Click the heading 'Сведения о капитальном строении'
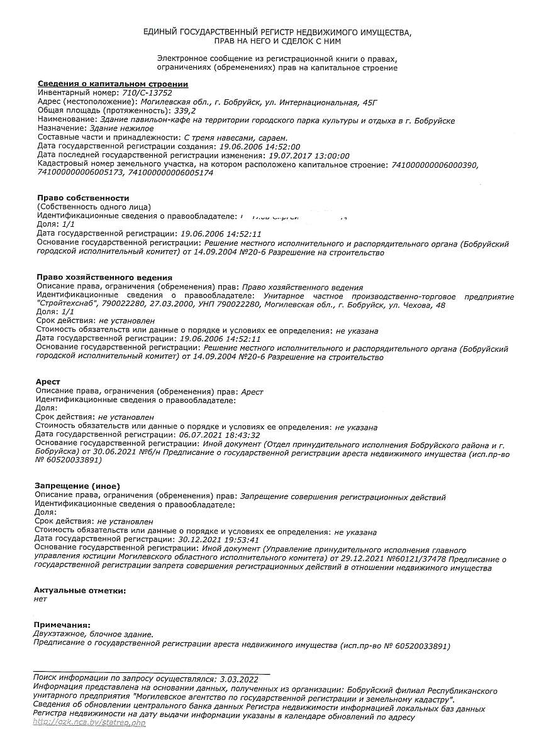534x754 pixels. coord(113,84)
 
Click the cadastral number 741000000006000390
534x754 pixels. coord(435,164)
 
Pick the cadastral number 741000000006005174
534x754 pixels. coord(170,173)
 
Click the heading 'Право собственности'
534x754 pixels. coord(83,198)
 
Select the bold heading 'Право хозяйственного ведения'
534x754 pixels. coord(104,277)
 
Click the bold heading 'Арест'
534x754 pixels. coord(48,382)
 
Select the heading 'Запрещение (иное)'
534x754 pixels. coord(77,486)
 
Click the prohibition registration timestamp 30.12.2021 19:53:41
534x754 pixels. coord(219,539)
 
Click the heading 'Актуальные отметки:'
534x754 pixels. coord(79,591)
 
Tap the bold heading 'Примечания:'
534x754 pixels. coord(62,625)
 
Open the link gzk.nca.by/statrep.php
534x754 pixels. coord(89,723)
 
